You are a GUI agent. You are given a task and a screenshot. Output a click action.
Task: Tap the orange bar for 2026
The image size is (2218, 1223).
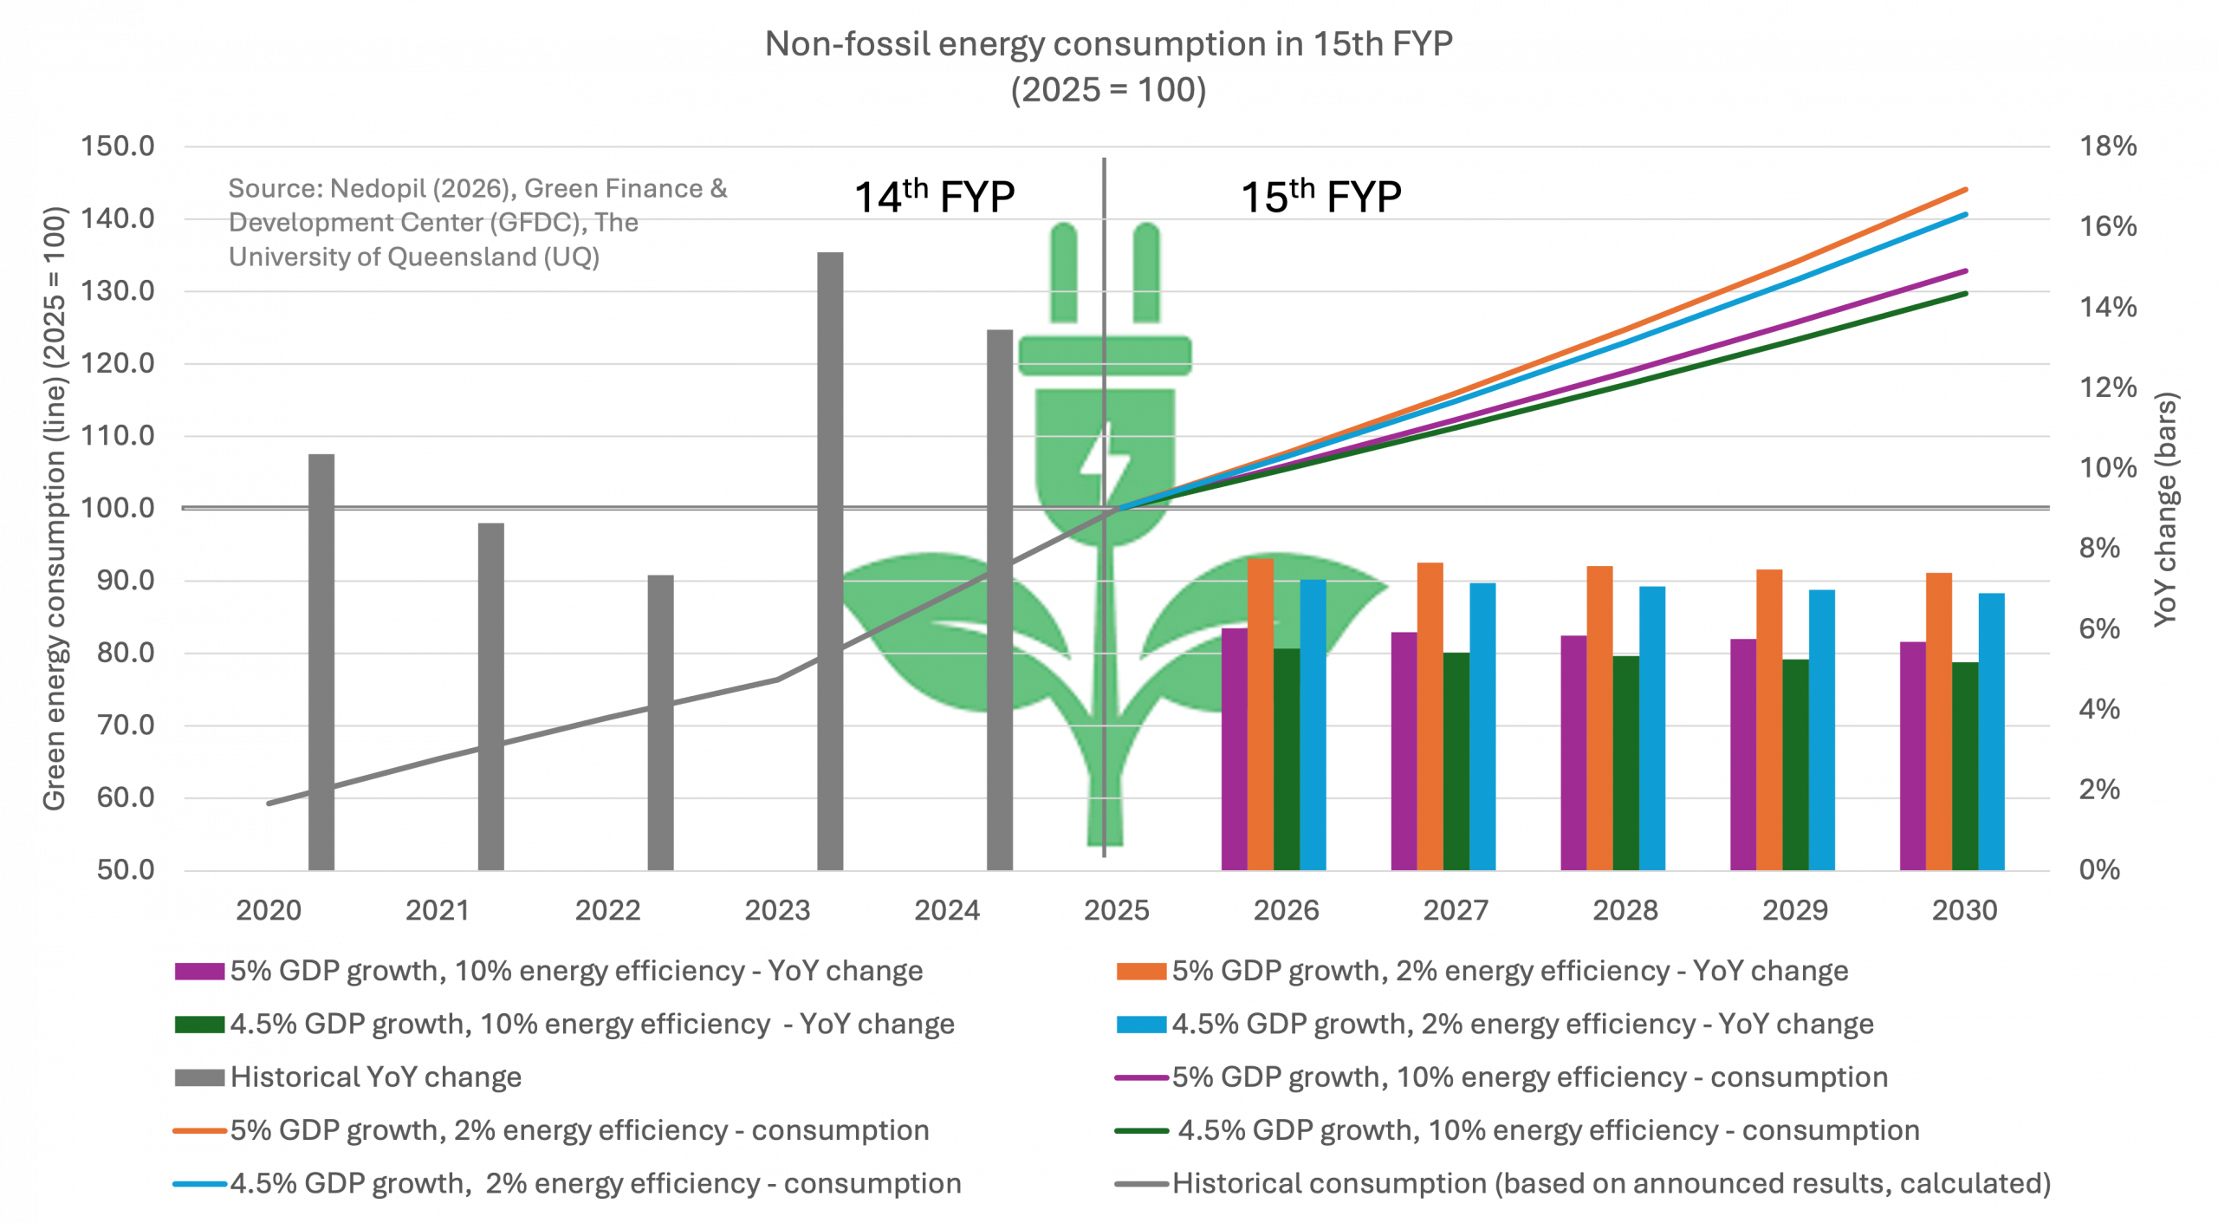click(1260, 714)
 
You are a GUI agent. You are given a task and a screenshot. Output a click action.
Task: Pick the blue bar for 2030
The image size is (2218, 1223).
click(1991, 732)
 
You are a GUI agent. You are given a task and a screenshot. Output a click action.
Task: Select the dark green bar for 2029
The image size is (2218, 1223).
click(1795, 764)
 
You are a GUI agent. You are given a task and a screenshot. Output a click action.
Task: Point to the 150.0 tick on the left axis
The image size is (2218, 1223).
click(117, 146)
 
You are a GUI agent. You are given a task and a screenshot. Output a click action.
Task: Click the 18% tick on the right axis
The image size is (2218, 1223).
click(2108, 146)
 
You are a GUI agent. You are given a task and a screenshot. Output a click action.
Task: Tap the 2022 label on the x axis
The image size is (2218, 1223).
click(608, 911)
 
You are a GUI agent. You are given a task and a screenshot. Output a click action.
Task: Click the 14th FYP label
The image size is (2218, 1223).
click(934, 197)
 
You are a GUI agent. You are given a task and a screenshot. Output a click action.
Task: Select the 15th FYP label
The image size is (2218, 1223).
click(1320, 197)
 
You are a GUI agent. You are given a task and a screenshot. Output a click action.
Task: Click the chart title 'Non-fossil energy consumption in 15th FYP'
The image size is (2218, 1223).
click(1108, 44)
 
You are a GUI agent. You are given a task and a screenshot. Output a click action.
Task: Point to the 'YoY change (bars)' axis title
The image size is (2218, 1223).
click(2166, 509)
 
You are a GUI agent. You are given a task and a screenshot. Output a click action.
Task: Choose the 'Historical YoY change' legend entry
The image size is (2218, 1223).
click(375, 1077)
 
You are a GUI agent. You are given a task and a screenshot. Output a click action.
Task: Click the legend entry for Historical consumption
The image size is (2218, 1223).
click(1611, 1184)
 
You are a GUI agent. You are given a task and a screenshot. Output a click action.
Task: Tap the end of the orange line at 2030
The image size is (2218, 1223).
click(1966, 189)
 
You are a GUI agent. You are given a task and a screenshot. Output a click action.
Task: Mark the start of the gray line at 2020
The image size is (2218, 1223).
click(269, 803)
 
